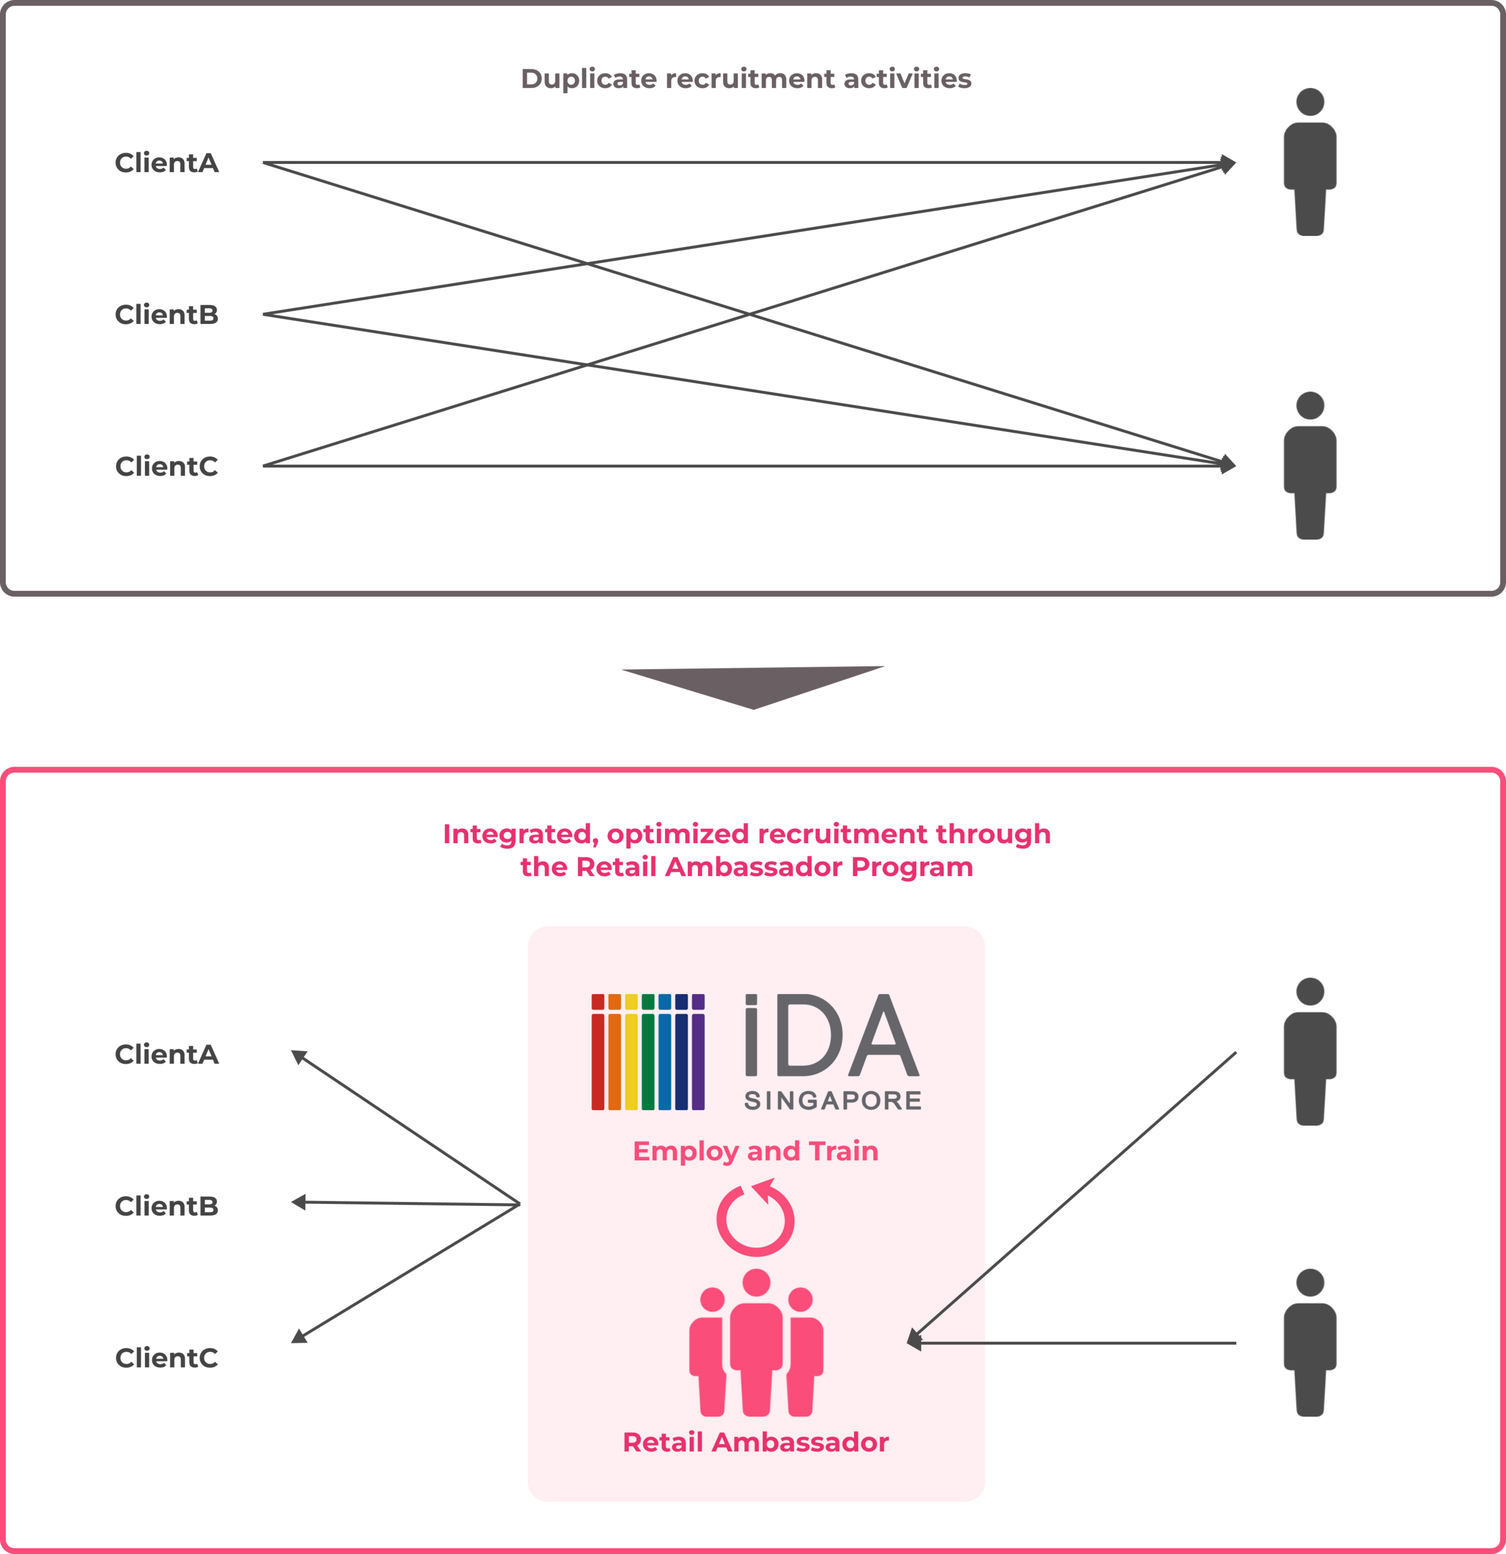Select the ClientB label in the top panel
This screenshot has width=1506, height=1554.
click(x=166, y=315)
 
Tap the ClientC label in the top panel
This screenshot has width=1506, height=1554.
click(x=166, y=466)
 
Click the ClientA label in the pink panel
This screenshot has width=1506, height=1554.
click(x=166, y=1054)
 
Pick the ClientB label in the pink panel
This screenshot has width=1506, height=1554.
click(x=166, y=1206)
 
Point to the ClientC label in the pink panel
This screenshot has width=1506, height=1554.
click(x=166, y=1358)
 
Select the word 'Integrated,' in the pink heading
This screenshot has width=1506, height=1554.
click(x=520, y=834)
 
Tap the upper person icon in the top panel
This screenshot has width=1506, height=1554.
click(x=1310, y=162)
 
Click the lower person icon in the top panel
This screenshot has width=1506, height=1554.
click(x=1310, y=466)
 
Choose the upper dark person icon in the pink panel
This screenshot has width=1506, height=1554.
click(x=1310, y=1052)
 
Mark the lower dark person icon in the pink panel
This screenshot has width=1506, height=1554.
click(x=1310, y=1343)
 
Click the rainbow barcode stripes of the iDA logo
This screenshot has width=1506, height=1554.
click(x=648, y=1052)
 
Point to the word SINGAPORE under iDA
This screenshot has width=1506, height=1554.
click(x=832, y=1100)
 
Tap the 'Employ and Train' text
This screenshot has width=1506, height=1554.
click(x=755, y=1151)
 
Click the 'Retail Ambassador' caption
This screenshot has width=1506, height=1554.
click(x=755, y=1442)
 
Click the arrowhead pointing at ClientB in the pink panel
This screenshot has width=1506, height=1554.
click(x=299, y=1203)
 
